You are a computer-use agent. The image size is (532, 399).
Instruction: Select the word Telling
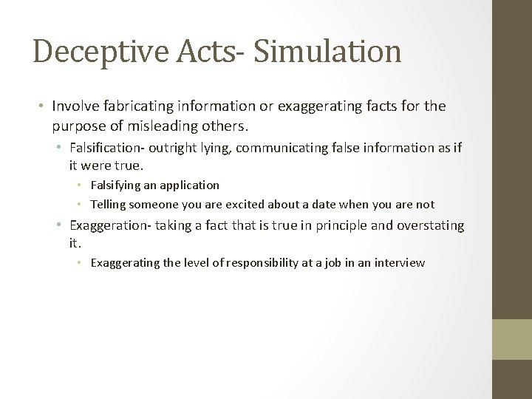coord(108,204)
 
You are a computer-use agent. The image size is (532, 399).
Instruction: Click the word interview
coord(399,262)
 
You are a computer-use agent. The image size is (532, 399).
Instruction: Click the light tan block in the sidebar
coord(512,339)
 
